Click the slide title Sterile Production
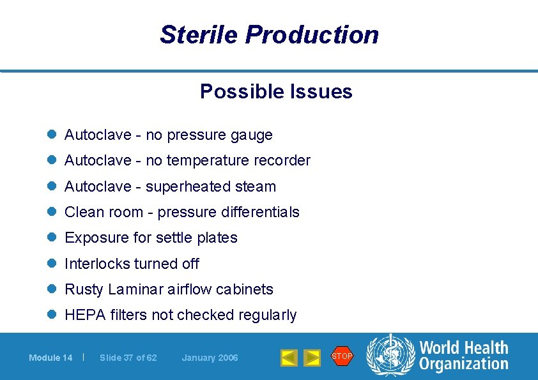[269, 34]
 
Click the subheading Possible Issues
[276, 91]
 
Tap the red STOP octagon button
[342, 356]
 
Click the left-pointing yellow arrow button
[289, 358]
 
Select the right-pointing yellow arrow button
[312, 358]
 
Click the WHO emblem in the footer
[390, 356]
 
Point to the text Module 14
[50, 358]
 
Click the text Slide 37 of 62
[128, 358]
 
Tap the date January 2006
[210, 358]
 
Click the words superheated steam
[211, 186]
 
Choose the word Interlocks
[91, 264]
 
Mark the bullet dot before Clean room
[52, 212]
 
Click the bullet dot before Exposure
[52, 238]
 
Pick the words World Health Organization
[463, 356]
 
